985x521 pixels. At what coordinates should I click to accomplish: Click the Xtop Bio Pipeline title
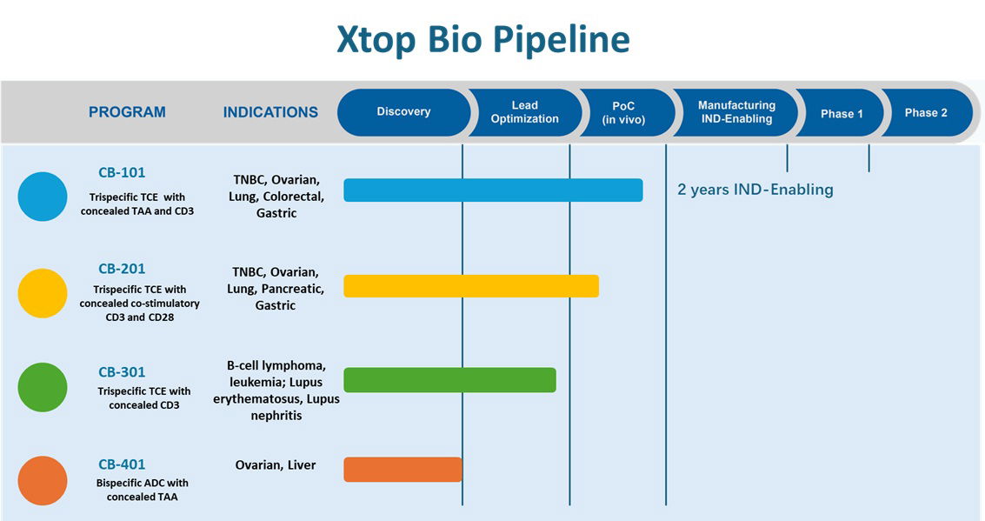tap(483, 39)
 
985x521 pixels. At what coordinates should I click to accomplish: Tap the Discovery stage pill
tap(404, 112)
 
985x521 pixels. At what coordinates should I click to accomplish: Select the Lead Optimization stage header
tap(525, 112)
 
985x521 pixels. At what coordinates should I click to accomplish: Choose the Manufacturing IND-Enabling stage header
tap(735, 112)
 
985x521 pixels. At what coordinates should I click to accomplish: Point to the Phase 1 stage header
tap(841, 113)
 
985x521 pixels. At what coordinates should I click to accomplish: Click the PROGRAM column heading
tap(127, 112)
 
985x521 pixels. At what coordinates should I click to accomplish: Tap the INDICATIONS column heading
tap(270, 112)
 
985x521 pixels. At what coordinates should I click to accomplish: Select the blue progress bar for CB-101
tap(493, 190)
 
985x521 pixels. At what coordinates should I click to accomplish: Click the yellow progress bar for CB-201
tap(471, 286)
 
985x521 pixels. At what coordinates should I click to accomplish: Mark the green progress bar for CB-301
tap(449, 379)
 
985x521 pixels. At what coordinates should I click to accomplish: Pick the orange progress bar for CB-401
tap(403, 470)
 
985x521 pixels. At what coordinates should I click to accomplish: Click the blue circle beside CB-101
tap(43, 197)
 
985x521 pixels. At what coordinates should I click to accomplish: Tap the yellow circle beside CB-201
tap(43, 293)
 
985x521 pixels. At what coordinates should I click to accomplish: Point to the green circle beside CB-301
tap(43, 387)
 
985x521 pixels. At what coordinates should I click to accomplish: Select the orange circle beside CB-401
tap(43, 481)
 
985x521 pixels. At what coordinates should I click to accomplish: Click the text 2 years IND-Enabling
tap(755, 189)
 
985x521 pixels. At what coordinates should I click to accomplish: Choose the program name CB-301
tap(122, 372)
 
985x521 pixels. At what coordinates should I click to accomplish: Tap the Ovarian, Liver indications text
tap(276, 465)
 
